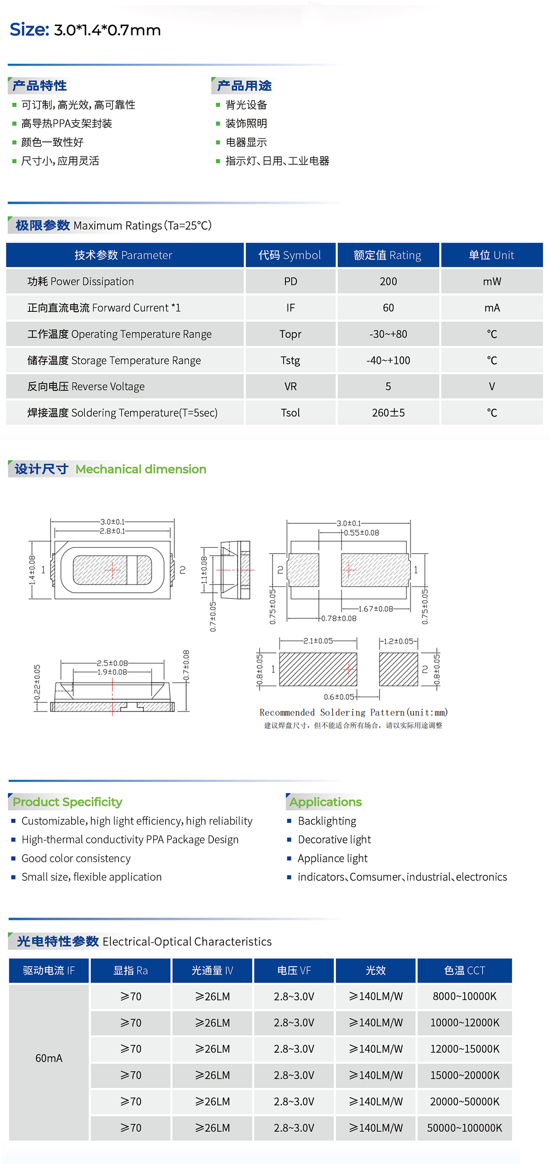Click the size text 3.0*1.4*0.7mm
pyautogui.click(x=107, y=30)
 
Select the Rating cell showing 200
pyautogui.click(x=388, y=281)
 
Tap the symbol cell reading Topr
pyautogui.click(x=290, y=334)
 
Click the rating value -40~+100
pyautogui.click(x=388, y=360)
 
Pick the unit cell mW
pyautogui.click(x=491, y=281)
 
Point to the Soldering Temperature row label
pyautogui.click(x=123, y=413)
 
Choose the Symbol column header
pyautogui.click(x=289, y=255)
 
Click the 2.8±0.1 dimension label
pyautogui.click(x=112, y=531)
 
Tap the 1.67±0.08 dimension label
pyautogui.click(x=376, y=609)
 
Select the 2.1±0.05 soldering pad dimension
pyautogui.click(x=318, y=641)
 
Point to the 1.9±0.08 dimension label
pyautogui.click(x=112, y=672)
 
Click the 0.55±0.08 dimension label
pyautogui.click(x=361, y=533)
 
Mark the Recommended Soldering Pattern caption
pyautogui.click(x=354, y=713)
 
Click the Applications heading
pyautogui.click(x=325, y=802)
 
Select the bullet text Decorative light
pyautogui.click(x=334, y=840)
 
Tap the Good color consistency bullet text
pyautogui.click(x=76, y=858)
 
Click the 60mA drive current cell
pyautogui.click(x=49, y=1058)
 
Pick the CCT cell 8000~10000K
pyautogui.click(x=465, y=996)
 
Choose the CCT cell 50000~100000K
pyautogui.click(x=465, y=1128)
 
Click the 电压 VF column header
pyautogui.click(x=294, y=971)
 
